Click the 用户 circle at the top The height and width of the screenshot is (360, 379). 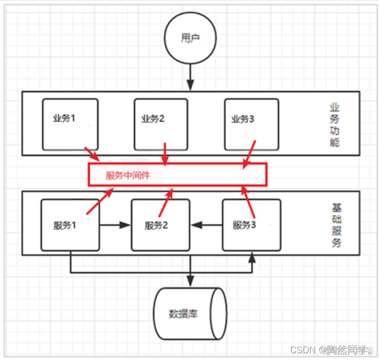[x=190, y=39]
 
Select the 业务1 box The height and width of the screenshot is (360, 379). [x=70, y=124]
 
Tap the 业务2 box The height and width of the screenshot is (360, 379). [x=161, y=124]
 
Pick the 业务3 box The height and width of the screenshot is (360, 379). [x=251, y=124]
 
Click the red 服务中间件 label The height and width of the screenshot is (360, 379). [x=125, y=176]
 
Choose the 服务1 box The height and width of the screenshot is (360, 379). [x=70, y=225]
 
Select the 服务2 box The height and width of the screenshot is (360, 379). [x=160, y=225]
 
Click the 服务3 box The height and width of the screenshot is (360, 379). [x=251, y=225]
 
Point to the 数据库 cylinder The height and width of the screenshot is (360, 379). [x=190, y=313]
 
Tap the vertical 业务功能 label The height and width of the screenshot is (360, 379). [x=335, y=125]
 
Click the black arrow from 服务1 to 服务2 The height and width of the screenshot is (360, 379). [x=115, y=224]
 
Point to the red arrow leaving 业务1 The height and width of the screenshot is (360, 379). [x=93, y=153]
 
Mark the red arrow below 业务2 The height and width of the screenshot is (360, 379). [x=164, y=153]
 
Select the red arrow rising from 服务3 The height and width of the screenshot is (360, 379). [x=249, y=199]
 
